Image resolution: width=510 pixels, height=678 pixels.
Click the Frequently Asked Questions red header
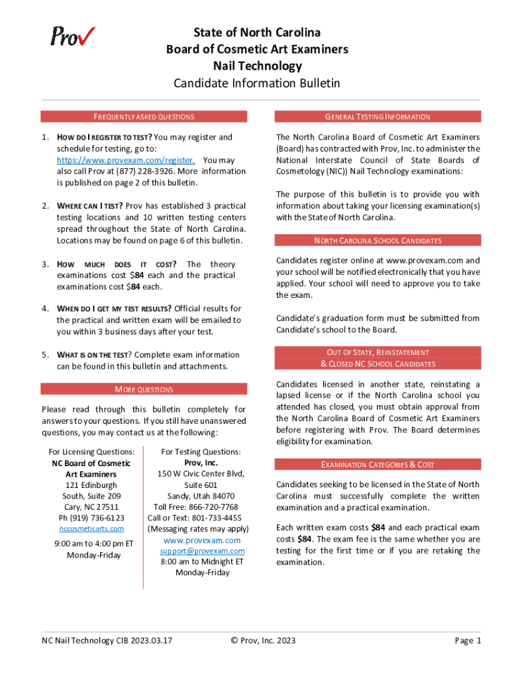[144, 117]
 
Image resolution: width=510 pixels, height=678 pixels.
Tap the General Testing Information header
[378, 117]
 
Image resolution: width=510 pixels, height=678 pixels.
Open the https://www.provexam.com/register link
[125, 160]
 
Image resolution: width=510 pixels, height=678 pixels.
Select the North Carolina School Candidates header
[378, 240]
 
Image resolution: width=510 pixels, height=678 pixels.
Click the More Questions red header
[144, 389]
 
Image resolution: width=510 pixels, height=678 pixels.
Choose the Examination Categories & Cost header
[378, 465]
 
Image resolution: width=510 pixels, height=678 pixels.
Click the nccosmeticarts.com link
[91, 528]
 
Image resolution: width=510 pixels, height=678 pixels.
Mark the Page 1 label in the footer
[468, 640]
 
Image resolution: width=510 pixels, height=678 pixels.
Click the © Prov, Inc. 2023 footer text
[263, 640]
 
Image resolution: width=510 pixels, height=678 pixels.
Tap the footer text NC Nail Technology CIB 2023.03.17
[107, 640]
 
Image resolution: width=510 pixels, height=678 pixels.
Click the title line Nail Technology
[256, 66]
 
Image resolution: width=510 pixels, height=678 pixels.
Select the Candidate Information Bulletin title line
[256, 83]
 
